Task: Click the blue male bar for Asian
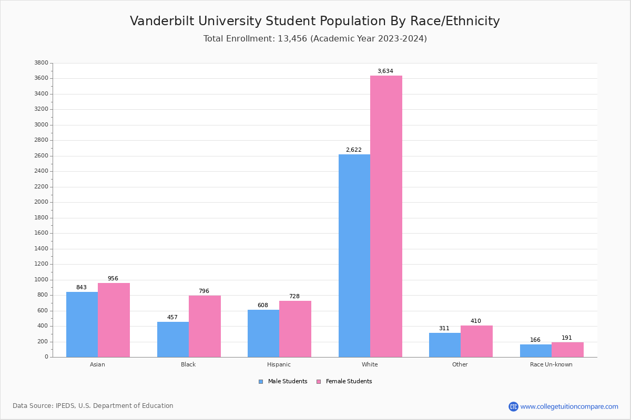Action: click(x=82, y=324)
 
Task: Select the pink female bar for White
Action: click(x=386, y=216)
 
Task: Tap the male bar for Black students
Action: click(x=173, y=339)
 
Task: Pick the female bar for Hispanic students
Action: click(x=295, y=329)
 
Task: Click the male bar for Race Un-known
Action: click(x=536, y=351)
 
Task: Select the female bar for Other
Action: click(x=476, y=341)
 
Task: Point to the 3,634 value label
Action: click(x=385, y=71)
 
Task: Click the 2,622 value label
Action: click(x=353, y=150)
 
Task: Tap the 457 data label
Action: click(x=172, y=318)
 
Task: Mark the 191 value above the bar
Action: click(x=566, y=338)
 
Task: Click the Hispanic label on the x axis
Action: click(x=279, y=364)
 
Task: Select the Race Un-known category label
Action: click(x=551, y=364)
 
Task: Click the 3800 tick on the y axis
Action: click(x=41, y=63)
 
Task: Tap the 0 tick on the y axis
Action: click(x=46, y=357)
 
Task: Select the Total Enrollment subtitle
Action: click(x=315, y=39)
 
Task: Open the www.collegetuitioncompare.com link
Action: click(x=569, y=406)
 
